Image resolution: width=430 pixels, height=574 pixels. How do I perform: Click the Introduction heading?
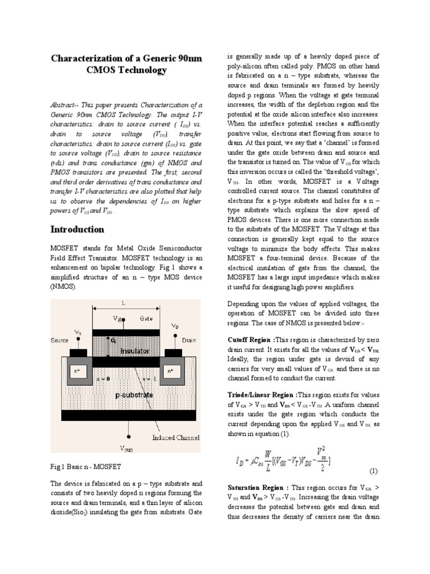pyautogui.click(x=77, y=229)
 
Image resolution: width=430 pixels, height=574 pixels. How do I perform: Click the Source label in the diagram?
pyautogui.click(x=59, y=340)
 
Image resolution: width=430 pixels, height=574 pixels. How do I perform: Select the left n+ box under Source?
pyautogui.click(x=77, y=371)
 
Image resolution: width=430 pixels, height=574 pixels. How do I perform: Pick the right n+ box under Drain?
pyautogui.click(x=170, y=371)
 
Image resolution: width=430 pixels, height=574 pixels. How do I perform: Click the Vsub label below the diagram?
pyautogui.click(x=127, y=449)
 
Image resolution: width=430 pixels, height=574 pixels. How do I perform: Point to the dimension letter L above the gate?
pyautogui.click(x=124, y=303)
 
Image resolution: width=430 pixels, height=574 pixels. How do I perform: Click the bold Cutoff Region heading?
pyautogui.click(x=251, y=340)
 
